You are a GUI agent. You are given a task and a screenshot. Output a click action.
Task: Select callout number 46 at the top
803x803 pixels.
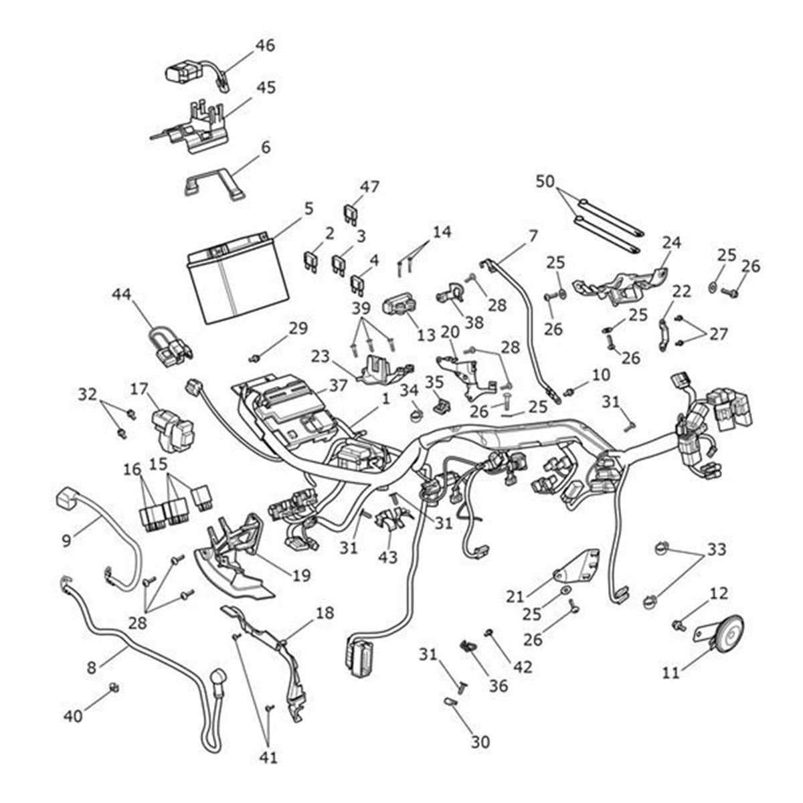coord(265,46)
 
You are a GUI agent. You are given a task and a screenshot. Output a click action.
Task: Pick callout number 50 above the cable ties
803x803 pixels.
coord(546,181)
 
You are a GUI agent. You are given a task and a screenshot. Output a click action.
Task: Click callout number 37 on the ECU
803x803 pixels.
coord(339,386)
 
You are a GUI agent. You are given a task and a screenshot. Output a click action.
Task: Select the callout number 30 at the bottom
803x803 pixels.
coord(480,741)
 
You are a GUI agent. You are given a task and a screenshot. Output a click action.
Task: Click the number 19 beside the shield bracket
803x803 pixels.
coord(302,575)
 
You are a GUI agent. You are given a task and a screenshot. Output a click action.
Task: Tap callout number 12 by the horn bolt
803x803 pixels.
coord(718,594)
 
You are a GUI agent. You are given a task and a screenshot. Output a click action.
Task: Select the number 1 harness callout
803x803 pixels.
coord(385,399)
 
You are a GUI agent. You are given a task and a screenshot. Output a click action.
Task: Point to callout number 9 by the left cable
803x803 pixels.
coord(66,540)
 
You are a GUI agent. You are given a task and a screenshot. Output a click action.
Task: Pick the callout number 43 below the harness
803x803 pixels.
coord(388,557)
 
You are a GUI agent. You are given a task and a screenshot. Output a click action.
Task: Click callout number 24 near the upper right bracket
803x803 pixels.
coord(671,242)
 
